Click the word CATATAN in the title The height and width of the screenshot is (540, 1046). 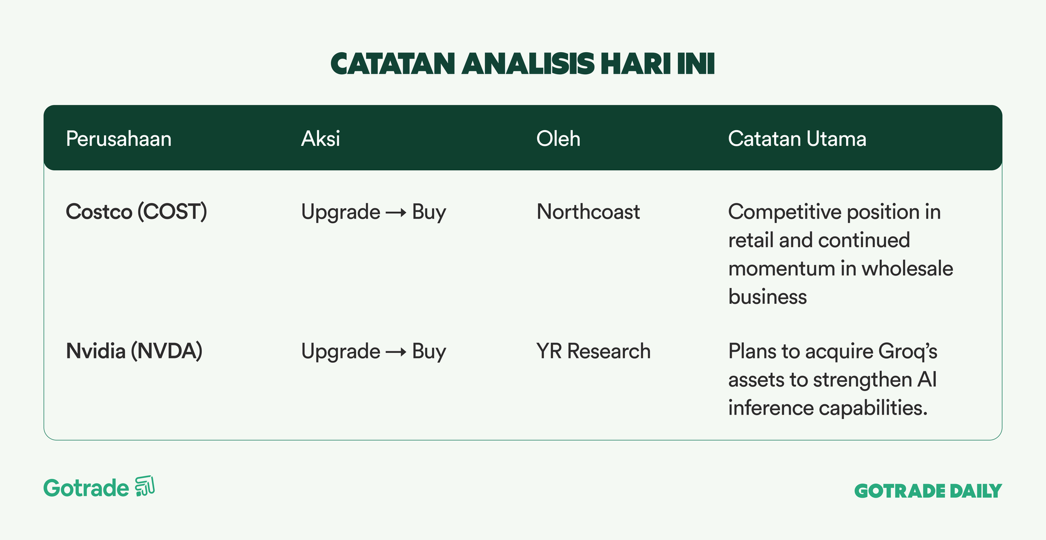tap(393, 64)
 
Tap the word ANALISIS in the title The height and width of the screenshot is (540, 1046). tap(528, 64)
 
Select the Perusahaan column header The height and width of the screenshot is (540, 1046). tap(119, 139)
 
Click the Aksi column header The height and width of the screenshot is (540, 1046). tap(321, 139)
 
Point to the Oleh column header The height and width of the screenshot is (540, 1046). tap(559, 139)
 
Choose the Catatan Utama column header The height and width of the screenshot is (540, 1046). tap(797, 139)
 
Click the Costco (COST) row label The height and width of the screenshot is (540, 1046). tap(137, 212)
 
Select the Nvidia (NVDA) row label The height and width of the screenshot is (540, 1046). tap(134, 351)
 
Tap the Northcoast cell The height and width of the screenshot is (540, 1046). tap(588, 212)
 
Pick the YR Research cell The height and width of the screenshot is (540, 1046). tap(594, 351)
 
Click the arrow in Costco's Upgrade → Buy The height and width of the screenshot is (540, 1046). tap(396, 213)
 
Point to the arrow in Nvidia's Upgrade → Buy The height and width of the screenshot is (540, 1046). tap(396, 352)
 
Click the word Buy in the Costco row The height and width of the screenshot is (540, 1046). tap(429, 213)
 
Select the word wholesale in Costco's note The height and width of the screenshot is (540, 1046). tap(907, 268)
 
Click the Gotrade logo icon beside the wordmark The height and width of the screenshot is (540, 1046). tap(145, 486)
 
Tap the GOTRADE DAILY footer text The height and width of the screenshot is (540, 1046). tap(928, 491)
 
